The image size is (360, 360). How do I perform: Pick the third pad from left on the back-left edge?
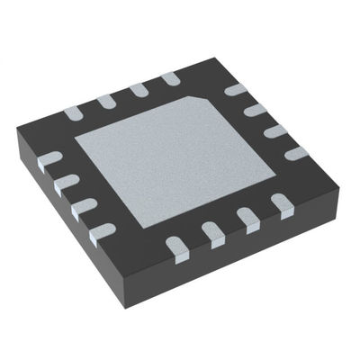click(137, 88)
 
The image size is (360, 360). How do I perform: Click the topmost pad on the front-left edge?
click(52, 160)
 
